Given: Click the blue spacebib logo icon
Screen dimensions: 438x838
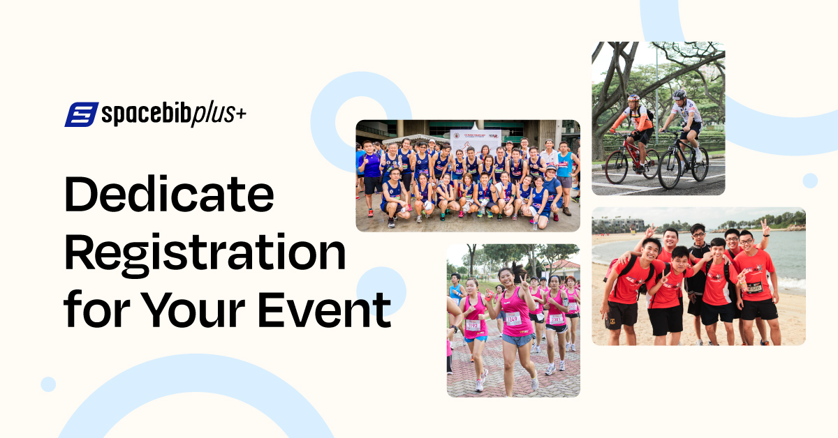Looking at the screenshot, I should click(x=82, y=114).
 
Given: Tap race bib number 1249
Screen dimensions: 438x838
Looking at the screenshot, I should click(x=514, y=318).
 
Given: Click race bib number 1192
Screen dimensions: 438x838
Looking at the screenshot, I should click(x=473, y=324).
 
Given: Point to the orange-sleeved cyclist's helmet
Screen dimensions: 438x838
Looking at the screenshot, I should click(x=633, y=99).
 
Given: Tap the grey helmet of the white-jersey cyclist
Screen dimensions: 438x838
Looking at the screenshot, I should click(x=679, y=94).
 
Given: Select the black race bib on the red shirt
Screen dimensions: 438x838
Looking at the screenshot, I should click(x=754, y=287).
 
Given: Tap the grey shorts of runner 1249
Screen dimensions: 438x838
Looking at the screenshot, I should click(x=517, y=340).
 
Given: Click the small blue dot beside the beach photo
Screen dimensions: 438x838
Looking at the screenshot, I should click(x=810, y=181).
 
